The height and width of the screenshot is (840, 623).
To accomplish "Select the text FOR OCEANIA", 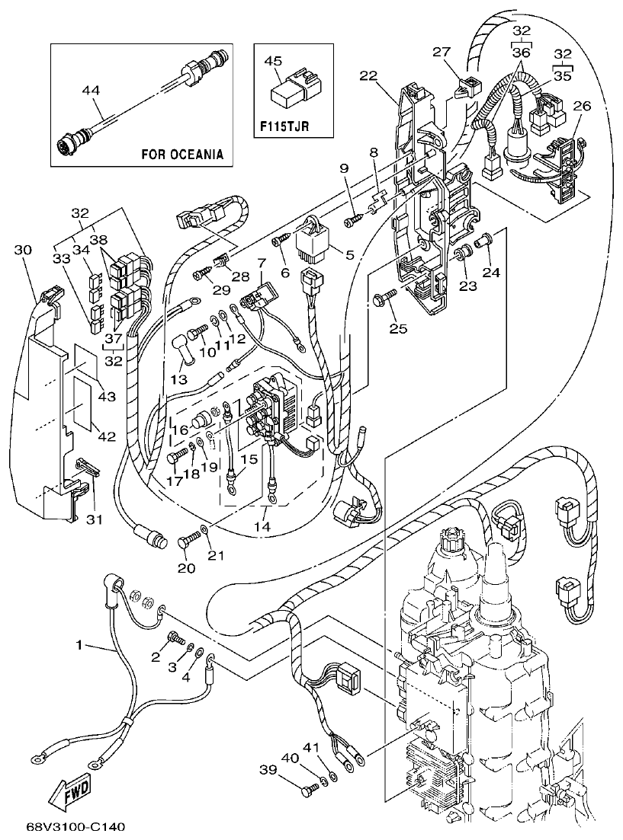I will pos(182,154).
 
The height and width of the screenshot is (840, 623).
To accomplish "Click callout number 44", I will pos(91,90).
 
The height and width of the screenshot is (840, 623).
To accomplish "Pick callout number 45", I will pos(274,60).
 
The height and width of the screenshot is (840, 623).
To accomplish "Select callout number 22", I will pos(368,76).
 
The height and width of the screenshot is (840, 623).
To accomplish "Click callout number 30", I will pos(23,250).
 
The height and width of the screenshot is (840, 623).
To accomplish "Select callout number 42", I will pos(107,436).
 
